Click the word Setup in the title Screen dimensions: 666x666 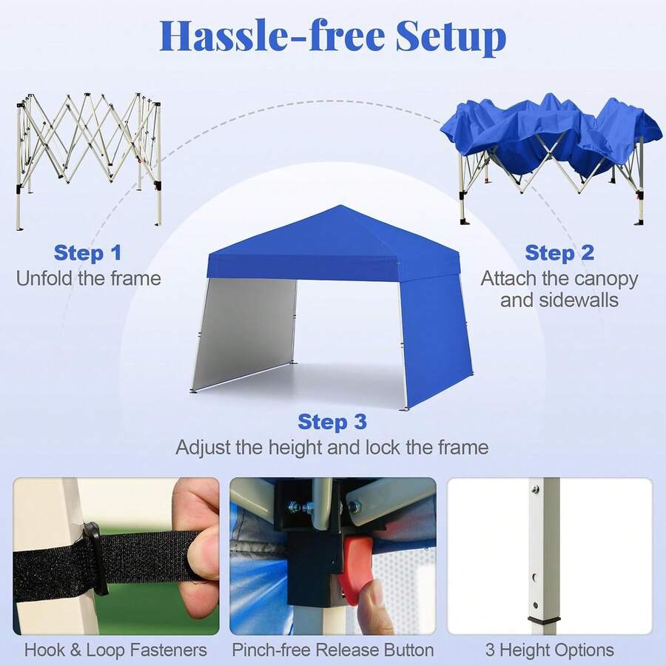(451, 36)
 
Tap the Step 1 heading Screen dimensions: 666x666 (87, 253)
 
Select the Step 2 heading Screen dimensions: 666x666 (559, 253)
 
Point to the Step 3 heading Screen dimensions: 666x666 (332, 421)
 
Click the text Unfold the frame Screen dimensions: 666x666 (88, 279)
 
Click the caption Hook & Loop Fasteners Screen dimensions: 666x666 (115, 650)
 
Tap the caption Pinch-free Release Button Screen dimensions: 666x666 (333, 650)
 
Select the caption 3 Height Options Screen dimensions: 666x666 (550, 650)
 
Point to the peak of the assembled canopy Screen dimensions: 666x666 (340, 206)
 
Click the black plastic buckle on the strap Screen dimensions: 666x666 (93, 559)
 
